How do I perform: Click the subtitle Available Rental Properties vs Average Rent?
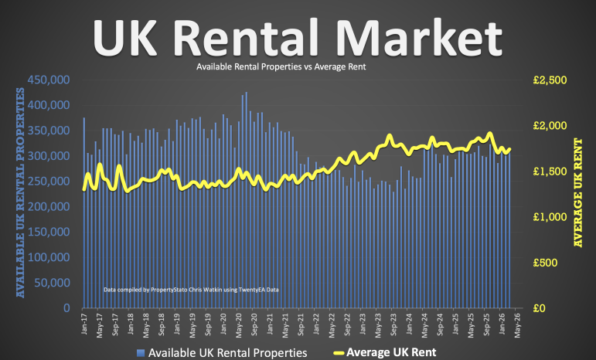tap(281, 67)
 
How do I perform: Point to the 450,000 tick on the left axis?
tap(49, 80)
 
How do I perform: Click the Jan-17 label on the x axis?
tap(83, 324)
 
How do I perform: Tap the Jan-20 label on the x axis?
tap(223, 324)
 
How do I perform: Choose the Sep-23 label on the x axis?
tap(393, 324)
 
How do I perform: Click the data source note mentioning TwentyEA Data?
tap(190, 290)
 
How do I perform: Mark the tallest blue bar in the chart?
tap(247, 201)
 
